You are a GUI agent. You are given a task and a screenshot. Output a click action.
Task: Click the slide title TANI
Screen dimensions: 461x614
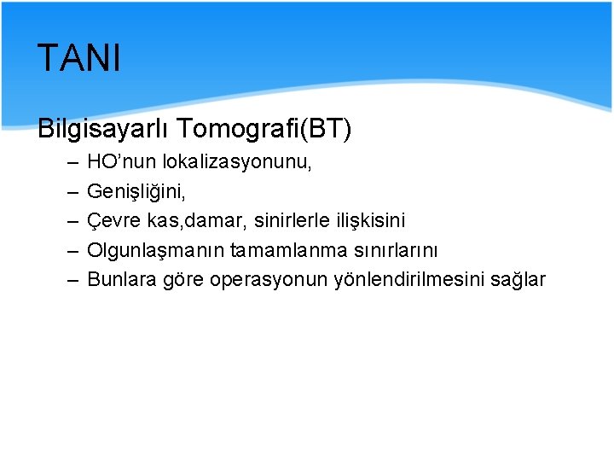pos(79,59)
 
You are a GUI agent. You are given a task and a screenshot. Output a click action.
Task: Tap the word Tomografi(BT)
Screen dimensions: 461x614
pos(267,129)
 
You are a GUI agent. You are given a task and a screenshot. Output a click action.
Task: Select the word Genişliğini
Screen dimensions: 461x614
pos(136,190)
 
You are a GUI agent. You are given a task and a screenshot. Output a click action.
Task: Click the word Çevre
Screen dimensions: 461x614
pos(113,220)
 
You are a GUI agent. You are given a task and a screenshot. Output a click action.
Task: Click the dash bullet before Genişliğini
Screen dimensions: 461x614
pos(69,190)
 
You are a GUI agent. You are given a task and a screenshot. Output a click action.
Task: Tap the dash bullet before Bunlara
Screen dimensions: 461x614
pos(69,279)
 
